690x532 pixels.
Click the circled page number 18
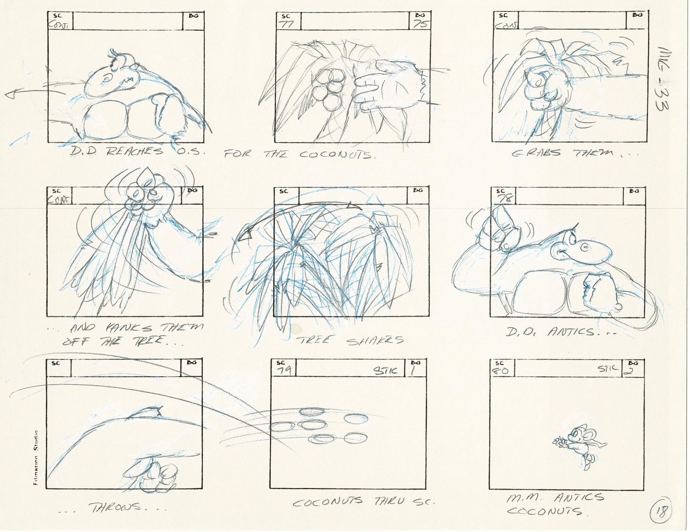tap(661, 513)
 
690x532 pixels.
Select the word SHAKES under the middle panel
tap(375, 340)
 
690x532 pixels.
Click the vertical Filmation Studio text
tap(36, 458)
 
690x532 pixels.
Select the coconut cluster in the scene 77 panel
tap(328, 87)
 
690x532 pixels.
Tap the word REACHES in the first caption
tap(134, 152)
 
